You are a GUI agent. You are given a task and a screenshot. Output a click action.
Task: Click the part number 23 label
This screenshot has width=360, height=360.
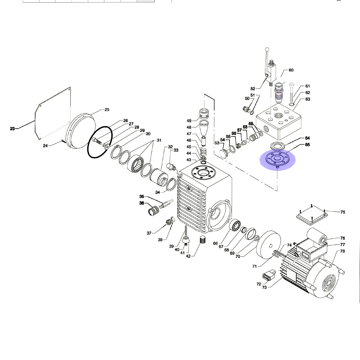12,128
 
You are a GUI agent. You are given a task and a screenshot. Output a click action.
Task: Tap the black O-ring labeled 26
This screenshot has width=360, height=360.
100,142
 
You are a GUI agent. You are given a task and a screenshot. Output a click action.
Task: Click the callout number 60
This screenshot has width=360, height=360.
291,70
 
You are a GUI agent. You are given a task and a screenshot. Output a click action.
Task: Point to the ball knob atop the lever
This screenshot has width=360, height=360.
267,49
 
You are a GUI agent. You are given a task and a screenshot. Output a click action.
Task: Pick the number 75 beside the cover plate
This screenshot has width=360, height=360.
343,212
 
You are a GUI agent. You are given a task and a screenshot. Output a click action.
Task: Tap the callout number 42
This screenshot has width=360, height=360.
188,256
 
